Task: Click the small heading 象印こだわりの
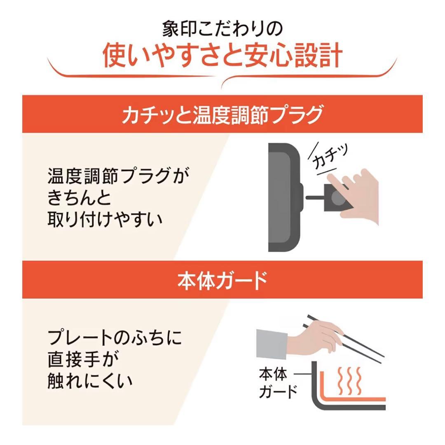(x=222, y=30)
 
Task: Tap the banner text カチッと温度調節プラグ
(x=222, y=115)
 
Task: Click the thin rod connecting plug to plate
(x=315, y=198)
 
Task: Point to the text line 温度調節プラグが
(x=120, y=177)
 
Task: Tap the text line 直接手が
(x=83, y=359)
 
